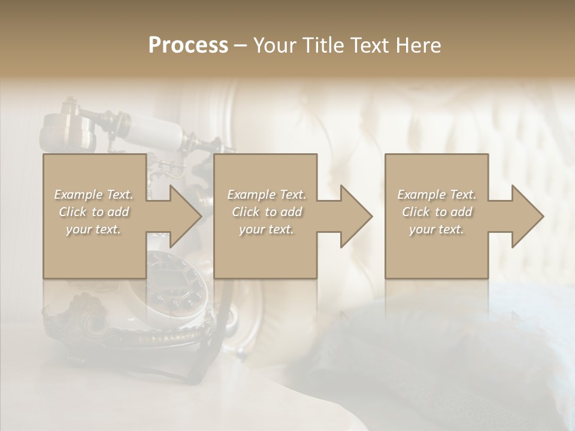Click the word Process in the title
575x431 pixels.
click(188, 45)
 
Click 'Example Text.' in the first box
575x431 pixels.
click(93, 195)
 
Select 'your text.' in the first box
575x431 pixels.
click(93, 229)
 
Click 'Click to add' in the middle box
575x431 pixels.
click(267, 212)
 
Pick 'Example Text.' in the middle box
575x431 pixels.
click(267, 195)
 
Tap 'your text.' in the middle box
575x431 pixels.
click(267, 229)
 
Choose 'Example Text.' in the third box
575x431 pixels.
click(437, 195)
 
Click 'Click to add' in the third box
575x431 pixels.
click(437, 212)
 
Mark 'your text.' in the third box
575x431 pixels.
click(437, 229)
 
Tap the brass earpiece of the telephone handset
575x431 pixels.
click(66, 129)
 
